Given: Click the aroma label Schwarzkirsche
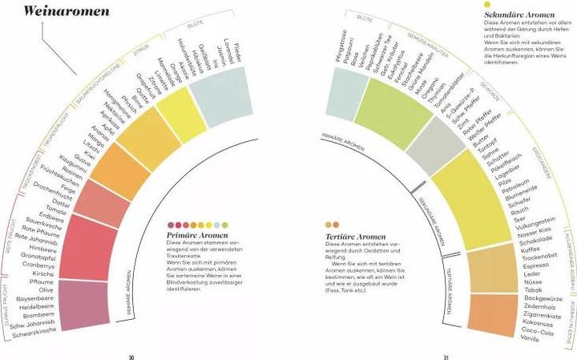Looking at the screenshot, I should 30,330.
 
